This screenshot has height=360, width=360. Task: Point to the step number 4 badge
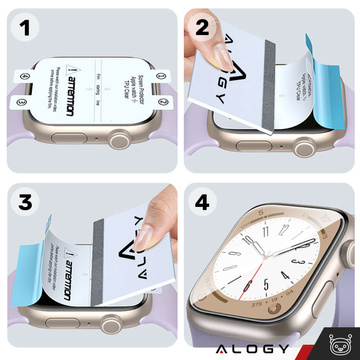pos(202,203)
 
